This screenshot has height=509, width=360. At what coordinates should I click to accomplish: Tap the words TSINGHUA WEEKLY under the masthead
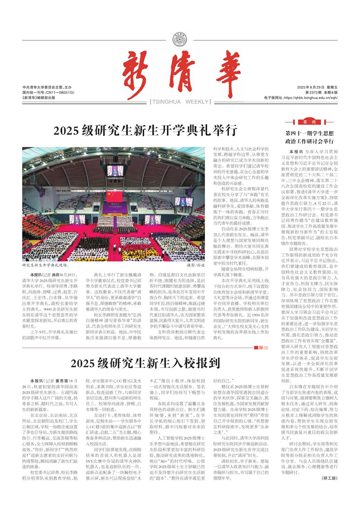coord(180,102)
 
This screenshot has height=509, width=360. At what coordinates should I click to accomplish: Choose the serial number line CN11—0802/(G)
coord(48,93)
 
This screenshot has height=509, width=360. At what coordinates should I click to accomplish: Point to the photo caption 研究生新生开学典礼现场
coord(45,265)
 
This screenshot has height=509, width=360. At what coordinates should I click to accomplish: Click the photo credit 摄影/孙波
coord(196,265)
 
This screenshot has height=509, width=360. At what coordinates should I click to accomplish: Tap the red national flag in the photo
coord(114,196)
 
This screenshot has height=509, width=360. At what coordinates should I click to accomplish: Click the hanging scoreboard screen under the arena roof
coord(115,172)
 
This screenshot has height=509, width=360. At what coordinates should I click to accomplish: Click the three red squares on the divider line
coord(261,348)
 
